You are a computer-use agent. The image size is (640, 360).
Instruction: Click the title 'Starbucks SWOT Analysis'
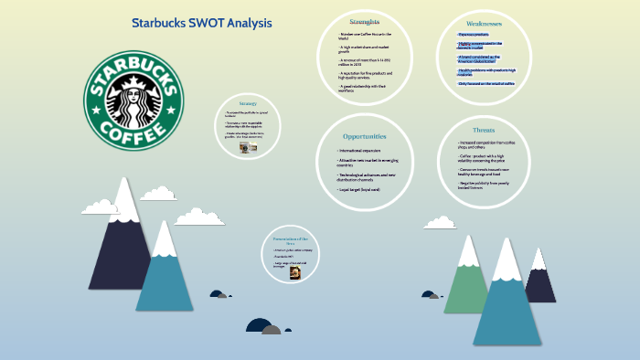point(201,23)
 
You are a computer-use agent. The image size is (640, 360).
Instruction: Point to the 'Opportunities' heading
point(364,136)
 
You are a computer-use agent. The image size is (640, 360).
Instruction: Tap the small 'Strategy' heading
point(248,103)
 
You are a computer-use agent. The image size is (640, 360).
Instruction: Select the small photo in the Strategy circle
point(248,146)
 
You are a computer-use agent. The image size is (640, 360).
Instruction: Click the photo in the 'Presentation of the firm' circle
point(296,272)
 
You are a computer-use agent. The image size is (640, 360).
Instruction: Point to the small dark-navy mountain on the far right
point(540,279)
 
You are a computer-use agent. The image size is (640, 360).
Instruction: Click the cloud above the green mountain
point(440,222)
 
